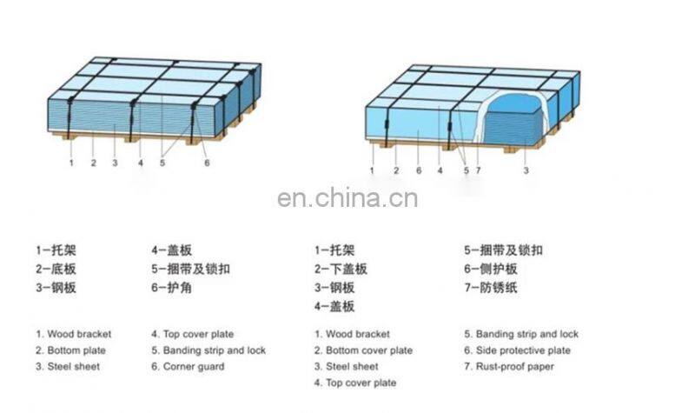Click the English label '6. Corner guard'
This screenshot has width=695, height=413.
point(188,366)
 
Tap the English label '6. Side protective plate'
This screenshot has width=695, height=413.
point(517,350)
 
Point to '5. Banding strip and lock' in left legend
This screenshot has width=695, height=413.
point(208,350)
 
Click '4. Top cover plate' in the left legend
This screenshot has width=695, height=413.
point(192,334)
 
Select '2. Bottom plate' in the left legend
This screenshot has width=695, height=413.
point(71,350)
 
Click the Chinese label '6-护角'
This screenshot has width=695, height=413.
point(171,288)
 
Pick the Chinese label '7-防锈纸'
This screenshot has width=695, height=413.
point(490,288)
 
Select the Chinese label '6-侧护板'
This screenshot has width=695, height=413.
point(490,270)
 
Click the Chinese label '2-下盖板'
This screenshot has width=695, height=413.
point(341,270)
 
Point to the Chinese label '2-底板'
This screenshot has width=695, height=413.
point(56,270)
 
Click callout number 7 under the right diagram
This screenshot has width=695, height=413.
point(478,171)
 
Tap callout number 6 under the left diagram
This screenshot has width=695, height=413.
point(207,163)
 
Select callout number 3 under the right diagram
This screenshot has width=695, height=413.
point(526,171)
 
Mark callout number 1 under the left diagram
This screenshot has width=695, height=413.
point(71,163)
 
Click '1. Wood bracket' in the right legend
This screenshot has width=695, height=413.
point(352,334)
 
